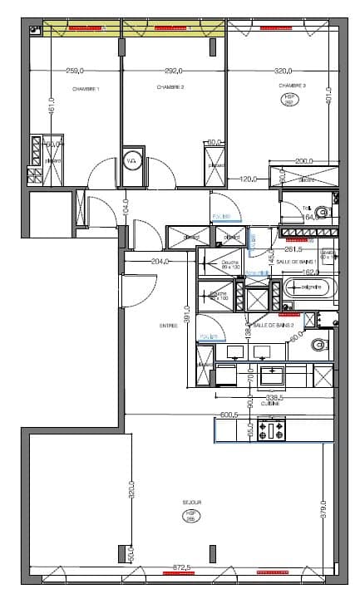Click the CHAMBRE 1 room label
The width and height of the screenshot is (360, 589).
click(86, 89)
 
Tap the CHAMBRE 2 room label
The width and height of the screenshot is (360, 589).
click(170, 86)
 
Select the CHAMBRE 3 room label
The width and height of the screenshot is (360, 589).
click(292, 86)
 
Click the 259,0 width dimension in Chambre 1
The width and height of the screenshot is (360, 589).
click(76, 71)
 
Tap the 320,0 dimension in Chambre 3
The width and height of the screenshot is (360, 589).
click(284, 71)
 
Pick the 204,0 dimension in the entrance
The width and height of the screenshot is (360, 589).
click(160, 261)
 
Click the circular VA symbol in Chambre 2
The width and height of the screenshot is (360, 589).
click(131, 162)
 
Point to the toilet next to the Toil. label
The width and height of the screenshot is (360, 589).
click(324, 214)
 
